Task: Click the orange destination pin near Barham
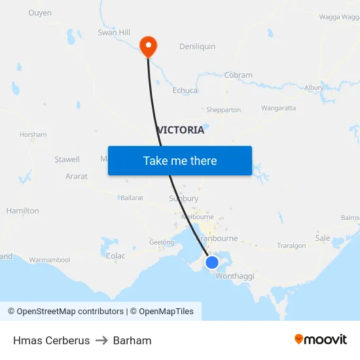(149, 46)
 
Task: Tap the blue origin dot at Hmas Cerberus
(212, 262)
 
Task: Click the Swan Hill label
(114, 32)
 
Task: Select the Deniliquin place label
(197, 46)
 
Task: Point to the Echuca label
(185, 90)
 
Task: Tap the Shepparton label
(224, 110)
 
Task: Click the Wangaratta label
(278, 108)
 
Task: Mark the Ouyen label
(40, 13)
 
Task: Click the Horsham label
(33, 135)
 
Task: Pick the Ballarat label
(132, 198)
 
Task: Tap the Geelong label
(162, 242)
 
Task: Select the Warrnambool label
(50, 260)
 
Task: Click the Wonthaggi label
(234, 276)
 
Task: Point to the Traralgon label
(291, 246)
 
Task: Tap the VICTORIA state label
(181, 130)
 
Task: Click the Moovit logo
(321, 339)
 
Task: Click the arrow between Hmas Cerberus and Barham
(101, 340)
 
